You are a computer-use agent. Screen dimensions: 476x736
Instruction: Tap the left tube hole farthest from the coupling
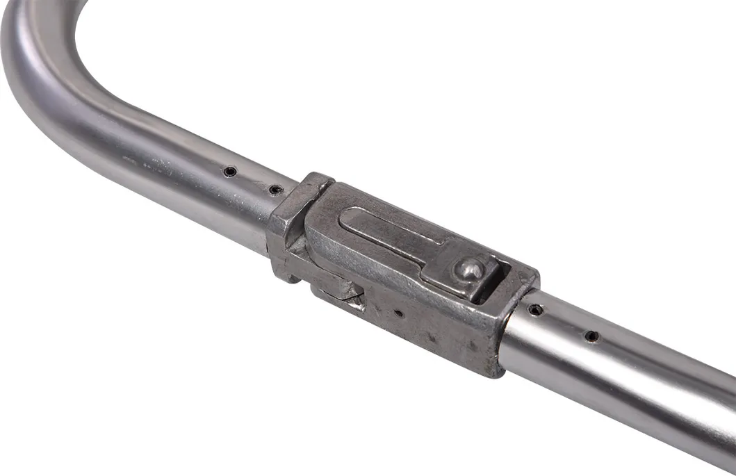[229, 171]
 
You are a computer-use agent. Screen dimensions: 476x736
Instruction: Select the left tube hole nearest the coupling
[275, 189]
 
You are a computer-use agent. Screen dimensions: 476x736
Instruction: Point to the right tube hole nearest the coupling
[534, 310]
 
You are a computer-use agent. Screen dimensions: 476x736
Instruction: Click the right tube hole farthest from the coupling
[591, 336]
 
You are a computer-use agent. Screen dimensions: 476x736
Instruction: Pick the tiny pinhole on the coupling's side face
[398, 313]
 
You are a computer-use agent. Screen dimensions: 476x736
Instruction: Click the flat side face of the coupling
[431, 327]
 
